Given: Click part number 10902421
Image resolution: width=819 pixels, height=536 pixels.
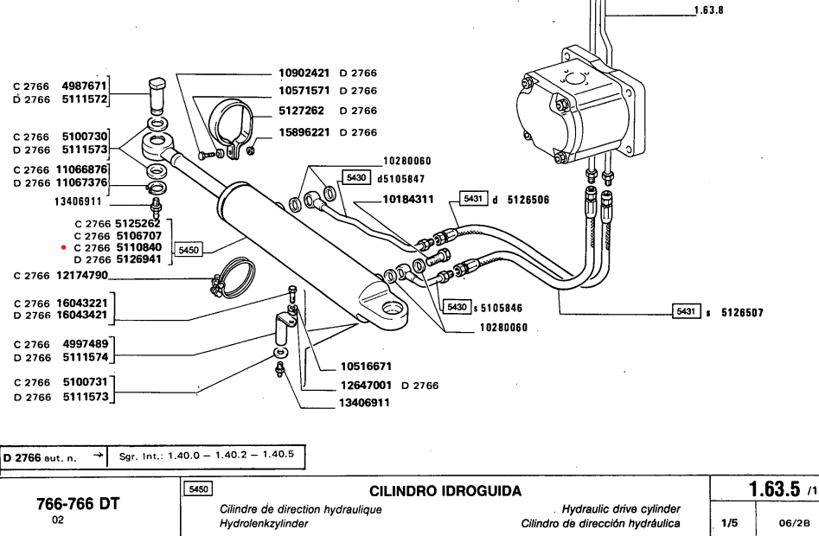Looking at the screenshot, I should click(305, 73).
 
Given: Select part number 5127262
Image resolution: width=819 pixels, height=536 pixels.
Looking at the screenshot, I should click(305, 111).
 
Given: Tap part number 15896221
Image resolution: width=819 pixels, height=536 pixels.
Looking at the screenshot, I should click(305, 132).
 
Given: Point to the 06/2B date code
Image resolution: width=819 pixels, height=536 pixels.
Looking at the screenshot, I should click(785, 522).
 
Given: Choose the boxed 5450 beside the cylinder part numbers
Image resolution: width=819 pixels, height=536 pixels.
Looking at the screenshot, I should click(189, 250).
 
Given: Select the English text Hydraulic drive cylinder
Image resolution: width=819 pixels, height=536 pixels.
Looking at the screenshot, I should click(621, 508).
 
